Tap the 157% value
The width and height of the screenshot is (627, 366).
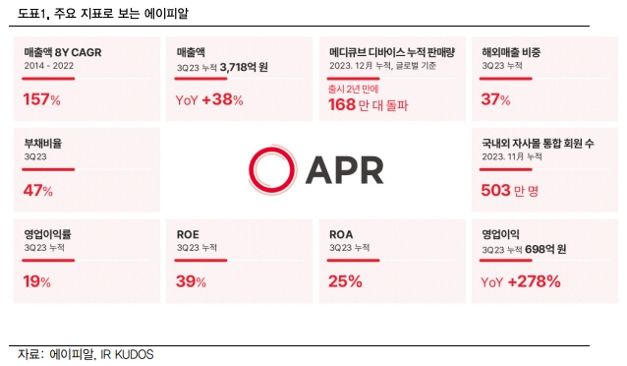[41, 99]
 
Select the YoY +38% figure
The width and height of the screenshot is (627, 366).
[208, 99]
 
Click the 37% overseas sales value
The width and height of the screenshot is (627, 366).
[495, 99]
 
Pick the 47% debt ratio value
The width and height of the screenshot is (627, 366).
[37, 191]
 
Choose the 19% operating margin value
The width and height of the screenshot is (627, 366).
[36, 282]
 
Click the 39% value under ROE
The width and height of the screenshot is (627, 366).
[192, 282]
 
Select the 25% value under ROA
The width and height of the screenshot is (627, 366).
[345, 282]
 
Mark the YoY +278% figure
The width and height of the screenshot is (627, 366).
[521, 282]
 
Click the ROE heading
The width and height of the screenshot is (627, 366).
[188, 234]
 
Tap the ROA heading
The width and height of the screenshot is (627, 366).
[340, 234]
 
